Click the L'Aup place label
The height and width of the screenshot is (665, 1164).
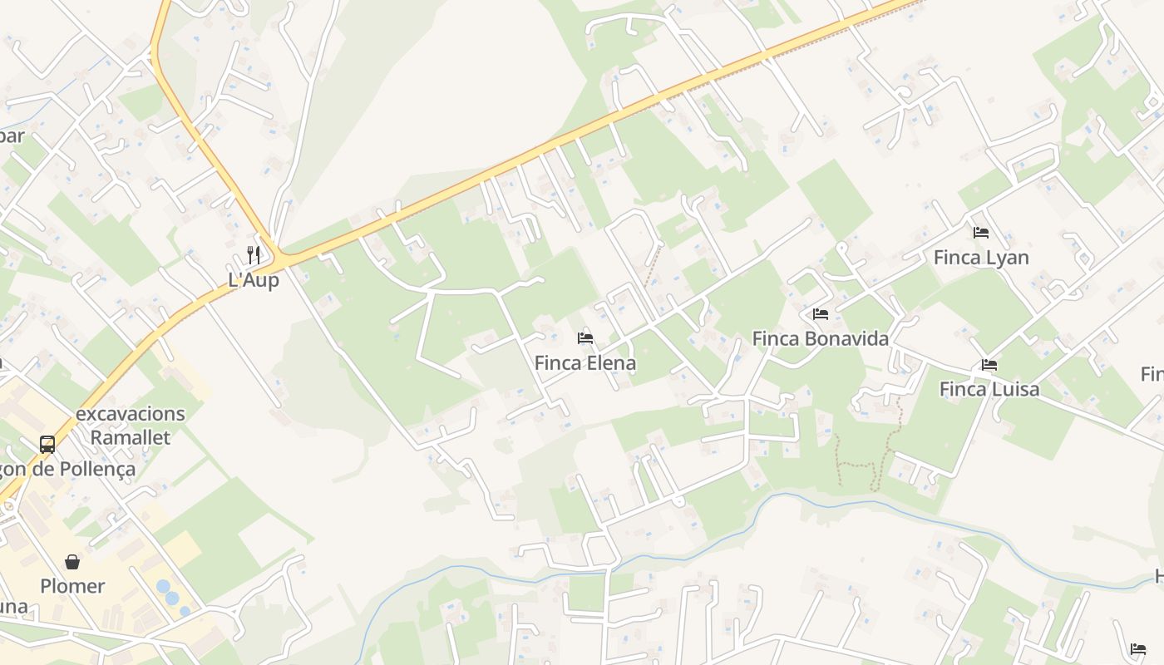(254, 280)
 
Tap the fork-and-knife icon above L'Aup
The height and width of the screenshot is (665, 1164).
(254, 254)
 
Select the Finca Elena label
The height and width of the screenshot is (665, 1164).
(584, 363)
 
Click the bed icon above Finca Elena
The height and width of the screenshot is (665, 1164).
(585, 338)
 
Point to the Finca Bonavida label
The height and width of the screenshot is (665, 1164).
(820, 339)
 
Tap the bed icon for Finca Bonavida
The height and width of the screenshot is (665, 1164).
(821, 314)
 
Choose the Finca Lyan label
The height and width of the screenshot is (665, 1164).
(981, 258)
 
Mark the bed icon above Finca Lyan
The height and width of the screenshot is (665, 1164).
(981, 233)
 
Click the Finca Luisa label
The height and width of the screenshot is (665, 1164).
(989, 389)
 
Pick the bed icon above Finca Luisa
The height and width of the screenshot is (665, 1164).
(989, 365)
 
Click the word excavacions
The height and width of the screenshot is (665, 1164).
(130, 414)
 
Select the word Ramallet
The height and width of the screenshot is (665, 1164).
(130, 437)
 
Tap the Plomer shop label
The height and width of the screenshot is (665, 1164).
(72, 586)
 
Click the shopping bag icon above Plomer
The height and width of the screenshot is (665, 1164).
(72, 562)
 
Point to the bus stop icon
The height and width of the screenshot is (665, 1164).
(47, 445)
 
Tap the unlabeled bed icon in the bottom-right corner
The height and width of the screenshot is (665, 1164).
(1138, 649)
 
